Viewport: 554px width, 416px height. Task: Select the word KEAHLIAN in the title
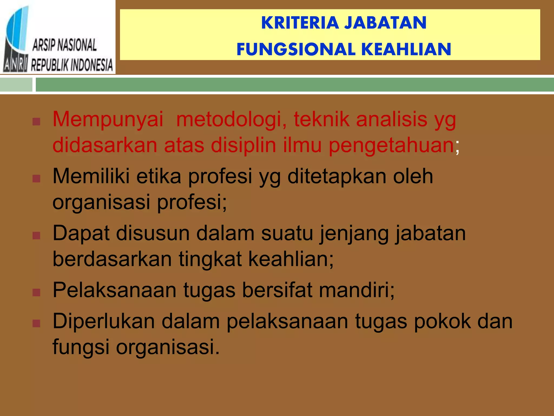coord(406,50)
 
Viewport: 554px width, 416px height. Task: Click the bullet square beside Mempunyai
coord(36,122)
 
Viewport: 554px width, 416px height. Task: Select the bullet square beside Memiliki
coord(36,178)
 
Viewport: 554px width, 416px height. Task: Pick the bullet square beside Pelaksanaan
coord(36,292)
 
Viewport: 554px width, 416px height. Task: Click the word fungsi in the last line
coord(81,347)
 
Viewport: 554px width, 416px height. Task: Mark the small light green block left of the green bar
coord(16,84)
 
